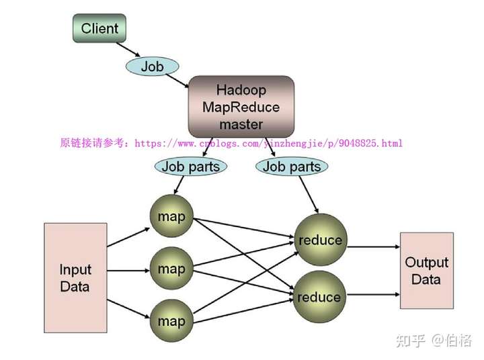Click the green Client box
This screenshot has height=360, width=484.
coord(99,28)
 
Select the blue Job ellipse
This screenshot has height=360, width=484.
coord(152,66)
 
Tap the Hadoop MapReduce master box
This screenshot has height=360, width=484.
coord(241,107)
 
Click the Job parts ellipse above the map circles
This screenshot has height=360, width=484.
coord(191,167)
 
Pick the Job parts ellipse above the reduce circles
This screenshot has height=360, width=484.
coord(292,167)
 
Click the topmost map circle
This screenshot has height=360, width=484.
coord(171,216)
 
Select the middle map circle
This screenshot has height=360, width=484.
coord(171,269)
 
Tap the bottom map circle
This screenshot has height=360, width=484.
coord(171,321)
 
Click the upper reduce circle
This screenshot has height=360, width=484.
coord(321,240)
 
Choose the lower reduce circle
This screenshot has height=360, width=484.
coord(319,297)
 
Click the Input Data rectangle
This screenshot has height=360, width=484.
coord(75,277)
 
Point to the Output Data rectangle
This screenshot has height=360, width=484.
coord(427,271)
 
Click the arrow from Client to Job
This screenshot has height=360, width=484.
coord(128,50)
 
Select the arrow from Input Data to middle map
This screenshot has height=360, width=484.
coord(128,271)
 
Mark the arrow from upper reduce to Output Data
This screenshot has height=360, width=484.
coord(374,246)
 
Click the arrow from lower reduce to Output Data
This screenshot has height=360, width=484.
coord(373,295)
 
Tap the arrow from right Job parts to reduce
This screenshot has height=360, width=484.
coord(309,195)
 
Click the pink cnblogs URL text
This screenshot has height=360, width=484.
coord(268,143)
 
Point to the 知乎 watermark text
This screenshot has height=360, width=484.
coord(411,341)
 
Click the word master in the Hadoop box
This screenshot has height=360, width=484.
coord(241,124)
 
